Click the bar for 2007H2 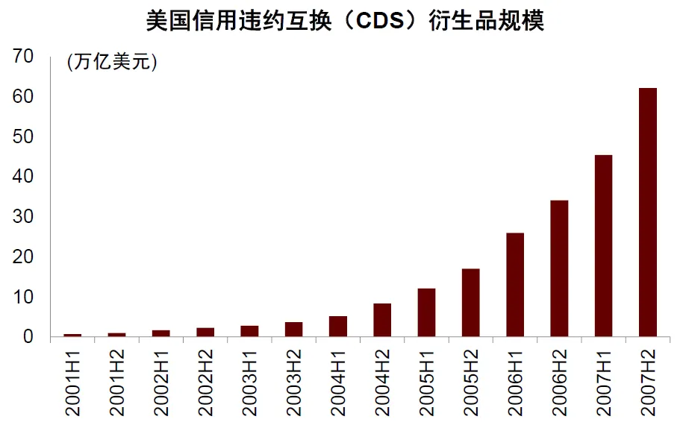648,213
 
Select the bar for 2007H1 603,246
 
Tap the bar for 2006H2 559,268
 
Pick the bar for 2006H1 515,285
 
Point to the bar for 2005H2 471,303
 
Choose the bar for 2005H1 426,312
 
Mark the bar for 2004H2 382,320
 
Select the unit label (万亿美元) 112,63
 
